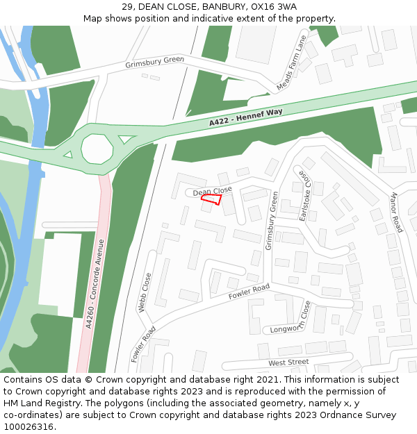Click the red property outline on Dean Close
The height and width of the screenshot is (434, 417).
pyautogui.click(x=211, y=199)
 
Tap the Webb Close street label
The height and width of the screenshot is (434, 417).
pyautogui.click(x=146, y=292)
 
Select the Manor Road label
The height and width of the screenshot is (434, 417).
pyautogui.click(x=396, y=212)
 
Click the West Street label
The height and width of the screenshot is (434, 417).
pyautogui.click(x=288, y=362)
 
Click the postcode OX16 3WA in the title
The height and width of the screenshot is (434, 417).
pyautogui.click(x=273, y=6)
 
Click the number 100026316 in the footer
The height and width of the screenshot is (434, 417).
pyautogui.click(x=28, y=426)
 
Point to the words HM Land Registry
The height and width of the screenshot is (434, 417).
pyautogui.click(x=41, y=403)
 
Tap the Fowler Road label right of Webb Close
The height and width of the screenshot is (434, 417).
pyautogui.click(x=249, y=292)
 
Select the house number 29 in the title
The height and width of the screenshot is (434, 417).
pyautogui.click(x=127, y=6)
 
